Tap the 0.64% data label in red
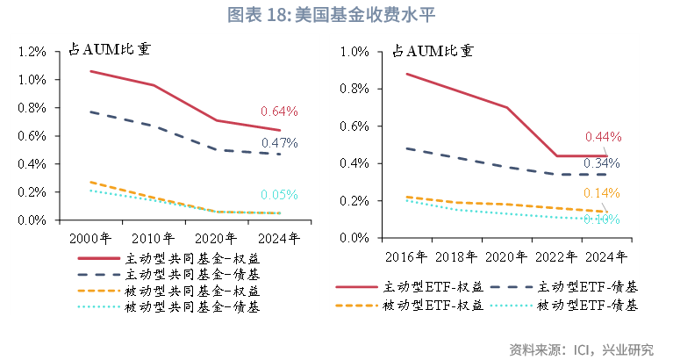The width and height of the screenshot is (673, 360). (279, 112)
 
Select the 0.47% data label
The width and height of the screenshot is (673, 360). (279, 143)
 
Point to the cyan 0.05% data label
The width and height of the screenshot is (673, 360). (279, 195)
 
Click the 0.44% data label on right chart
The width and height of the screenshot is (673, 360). (603, 137)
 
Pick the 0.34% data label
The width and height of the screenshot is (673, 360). (602, 163)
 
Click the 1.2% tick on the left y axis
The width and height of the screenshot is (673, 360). (31, 52)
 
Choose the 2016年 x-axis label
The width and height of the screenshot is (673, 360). (405, 256)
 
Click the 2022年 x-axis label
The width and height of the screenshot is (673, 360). (555, 256)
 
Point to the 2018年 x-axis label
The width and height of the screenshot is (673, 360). (455, 256)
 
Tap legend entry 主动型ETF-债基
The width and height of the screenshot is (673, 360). (587, 287)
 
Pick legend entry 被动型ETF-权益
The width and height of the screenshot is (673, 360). (433, 306)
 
